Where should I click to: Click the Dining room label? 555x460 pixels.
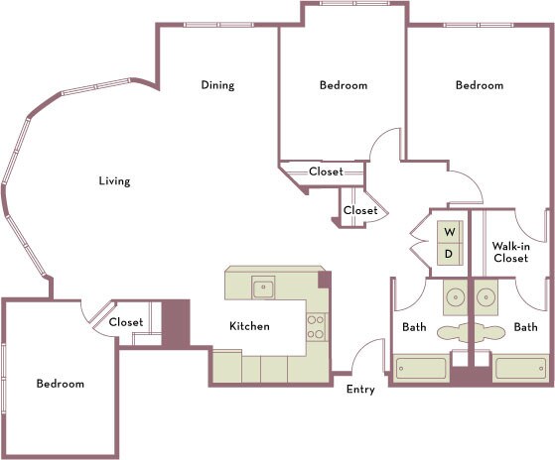[217, 85]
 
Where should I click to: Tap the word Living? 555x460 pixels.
[114, 181]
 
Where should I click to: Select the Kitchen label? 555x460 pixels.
[249, 326]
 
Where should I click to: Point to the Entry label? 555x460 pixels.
[360, 390]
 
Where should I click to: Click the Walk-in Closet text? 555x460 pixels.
[509, 251]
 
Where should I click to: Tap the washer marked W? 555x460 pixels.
[449, 232]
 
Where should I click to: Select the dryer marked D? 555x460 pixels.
[449, 254]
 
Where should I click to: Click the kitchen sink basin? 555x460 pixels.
[263, 288]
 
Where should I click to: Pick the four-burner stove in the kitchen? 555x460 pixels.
[316, 326]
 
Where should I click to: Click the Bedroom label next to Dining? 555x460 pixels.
[343, 85]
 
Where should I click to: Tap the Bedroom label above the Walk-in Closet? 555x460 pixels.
[479, 85]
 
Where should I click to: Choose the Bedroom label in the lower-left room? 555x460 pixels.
[61, 384]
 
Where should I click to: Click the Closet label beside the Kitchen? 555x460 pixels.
[126, 322]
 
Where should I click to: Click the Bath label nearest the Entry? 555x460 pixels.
[414, 326]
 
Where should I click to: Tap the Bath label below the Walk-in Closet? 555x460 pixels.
[525, 326]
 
